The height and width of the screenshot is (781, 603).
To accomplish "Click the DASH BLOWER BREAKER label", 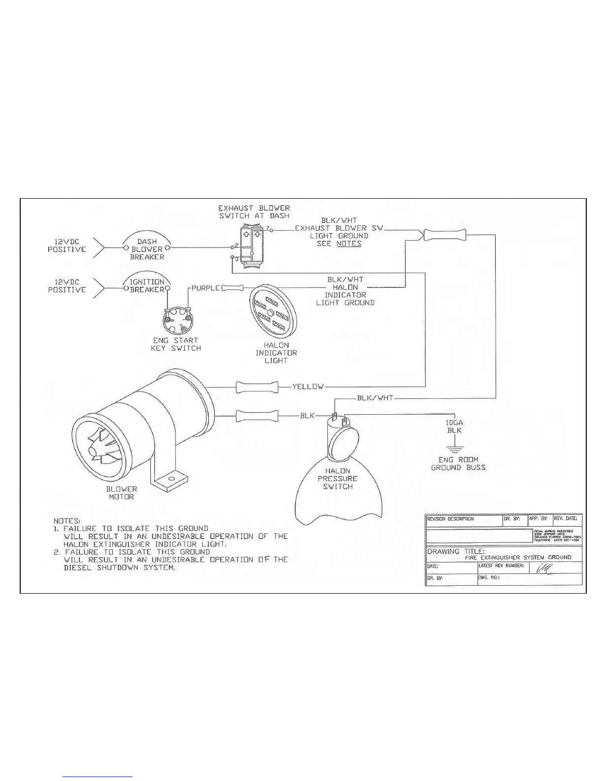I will pyautogui.click(x=147, y=249).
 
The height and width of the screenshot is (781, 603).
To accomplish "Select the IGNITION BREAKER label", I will pyautogui.click(x=147, y=285).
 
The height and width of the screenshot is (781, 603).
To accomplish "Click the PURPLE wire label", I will pyautogui.click(x=205, y=287).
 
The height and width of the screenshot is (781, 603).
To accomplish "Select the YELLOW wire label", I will pyautogui.click(x=308, y=387).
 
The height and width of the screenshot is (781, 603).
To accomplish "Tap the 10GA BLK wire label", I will pyautogui.click(x=454, y=426).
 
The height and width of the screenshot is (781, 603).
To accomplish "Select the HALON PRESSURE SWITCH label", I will pyautogui.click(x=338, y=479).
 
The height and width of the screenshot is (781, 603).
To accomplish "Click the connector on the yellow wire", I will pyautogui.click(x=257, y=387).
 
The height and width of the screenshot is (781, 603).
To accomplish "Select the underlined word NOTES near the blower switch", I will pyautogui.click(x=349, y=244).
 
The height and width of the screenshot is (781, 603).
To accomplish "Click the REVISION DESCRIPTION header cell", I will pyautogui.click(x=451, y=519).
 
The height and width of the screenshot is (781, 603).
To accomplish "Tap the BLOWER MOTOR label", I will pyautogui.click(x=122, y=493).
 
